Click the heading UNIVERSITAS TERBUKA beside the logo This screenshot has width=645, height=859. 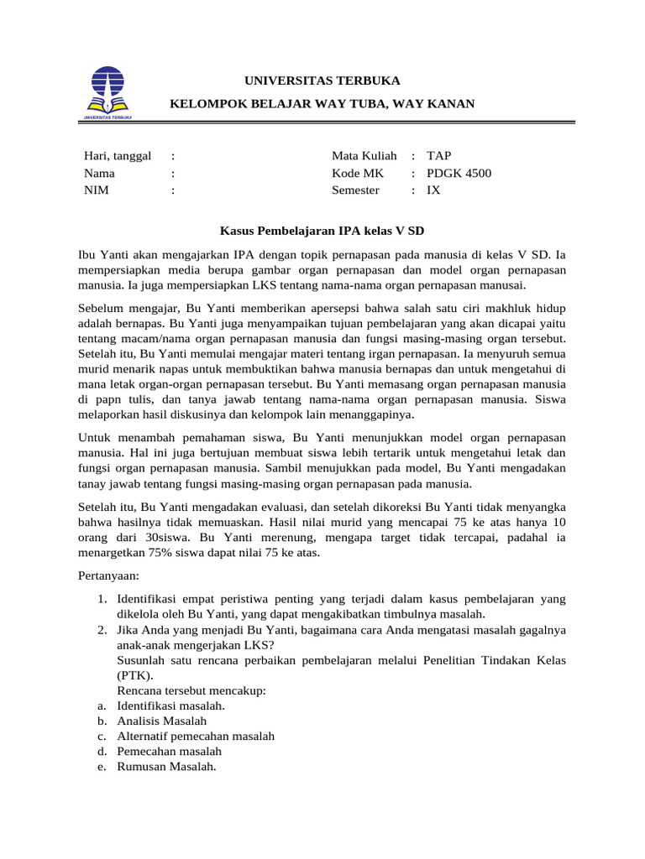tap(322, 81)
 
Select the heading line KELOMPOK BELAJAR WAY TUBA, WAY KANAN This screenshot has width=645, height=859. tap(322, 103)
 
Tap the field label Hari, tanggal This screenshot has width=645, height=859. tap(117, 156)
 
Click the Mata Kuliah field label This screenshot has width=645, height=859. tap(364, 156)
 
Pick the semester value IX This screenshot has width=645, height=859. tap(433, 190)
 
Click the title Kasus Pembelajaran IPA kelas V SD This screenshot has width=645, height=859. tap(322, 229)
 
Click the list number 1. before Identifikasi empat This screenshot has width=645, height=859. tap(100, 600)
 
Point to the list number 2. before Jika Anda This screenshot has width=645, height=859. tap(100, 630)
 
